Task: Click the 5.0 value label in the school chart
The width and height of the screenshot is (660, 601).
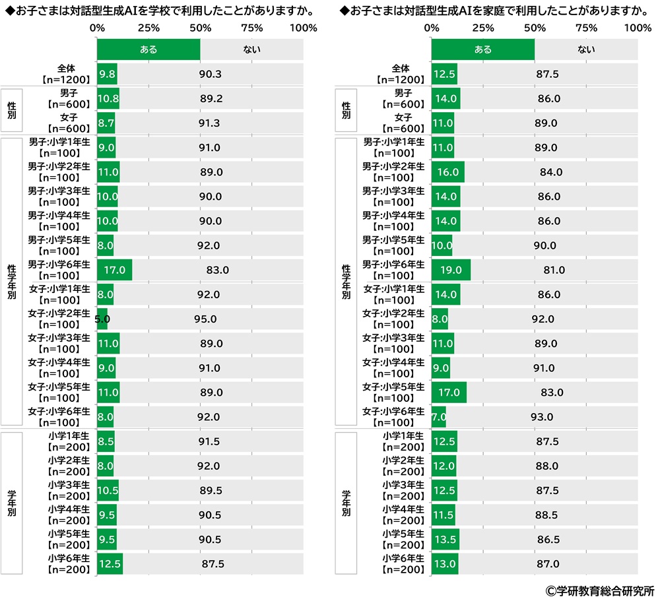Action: point(102,319)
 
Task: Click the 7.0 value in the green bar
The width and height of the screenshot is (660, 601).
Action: point(439,417)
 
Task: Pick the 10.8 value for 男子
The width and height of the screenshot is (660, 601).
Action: point(108,99)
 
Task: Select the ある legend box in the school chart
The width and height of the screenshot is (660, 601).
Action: point(148,49)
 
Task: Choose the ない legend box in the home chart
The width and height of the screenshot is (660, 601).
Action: point(586,49)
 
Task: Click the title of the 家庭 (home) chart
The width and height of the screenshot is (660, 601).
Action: point(494,11)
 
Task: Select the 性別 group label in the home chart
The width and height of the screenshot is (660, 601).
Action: point(346,111)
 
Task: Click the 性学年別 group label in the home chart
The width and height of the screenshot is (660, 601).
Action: point(346,282)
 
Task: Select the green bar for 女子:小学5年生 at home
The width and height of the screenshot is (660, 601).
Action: point(449,393)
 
